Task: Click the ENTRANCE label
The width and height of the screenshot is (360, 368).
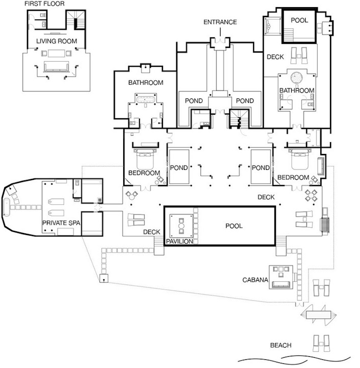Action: [220, 22]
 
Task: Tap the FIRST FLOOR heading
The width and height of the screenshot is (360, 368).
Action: [44, 4]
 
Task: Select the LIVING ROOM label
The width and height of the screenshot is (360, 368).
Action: [57, 41]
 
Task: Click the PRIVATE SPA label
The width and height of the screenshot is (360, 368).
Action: [61, 223]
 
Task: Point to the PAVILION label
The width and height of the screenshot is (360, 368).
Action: [179, 241]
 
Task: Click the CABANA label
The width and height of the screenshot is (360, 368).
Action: [255, 280]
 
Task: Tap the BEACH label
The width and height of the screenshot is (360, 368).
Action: [281, 345]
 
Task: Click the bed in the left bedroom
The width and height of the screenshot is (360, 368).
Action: [145, 159]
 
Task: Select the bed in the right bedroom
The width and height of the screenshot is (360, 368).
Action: [300, 159]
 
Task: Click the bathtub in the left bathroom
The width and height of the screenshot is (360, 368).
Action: [145, 99]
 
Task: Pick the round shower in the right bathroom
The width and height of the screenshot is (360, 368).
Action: [297, 77]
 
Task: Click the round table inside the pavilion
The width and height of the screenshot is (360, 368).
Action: [181, 226]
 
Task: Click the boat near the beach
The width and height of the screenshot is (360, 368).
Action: [318, 314]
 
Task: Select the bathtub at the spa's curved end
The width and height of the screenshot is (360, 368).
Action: [6, 207]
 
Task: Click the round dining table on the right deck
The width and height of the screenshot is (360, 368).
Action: [311, 195]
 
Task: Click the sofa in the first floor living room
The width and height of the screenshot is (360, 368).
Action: [56, 66]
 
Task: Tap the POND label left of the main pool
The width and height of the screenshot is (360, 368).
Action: [179, 168]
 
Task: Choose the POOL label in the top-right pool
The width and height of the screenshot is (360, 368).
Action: [299, 20]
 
